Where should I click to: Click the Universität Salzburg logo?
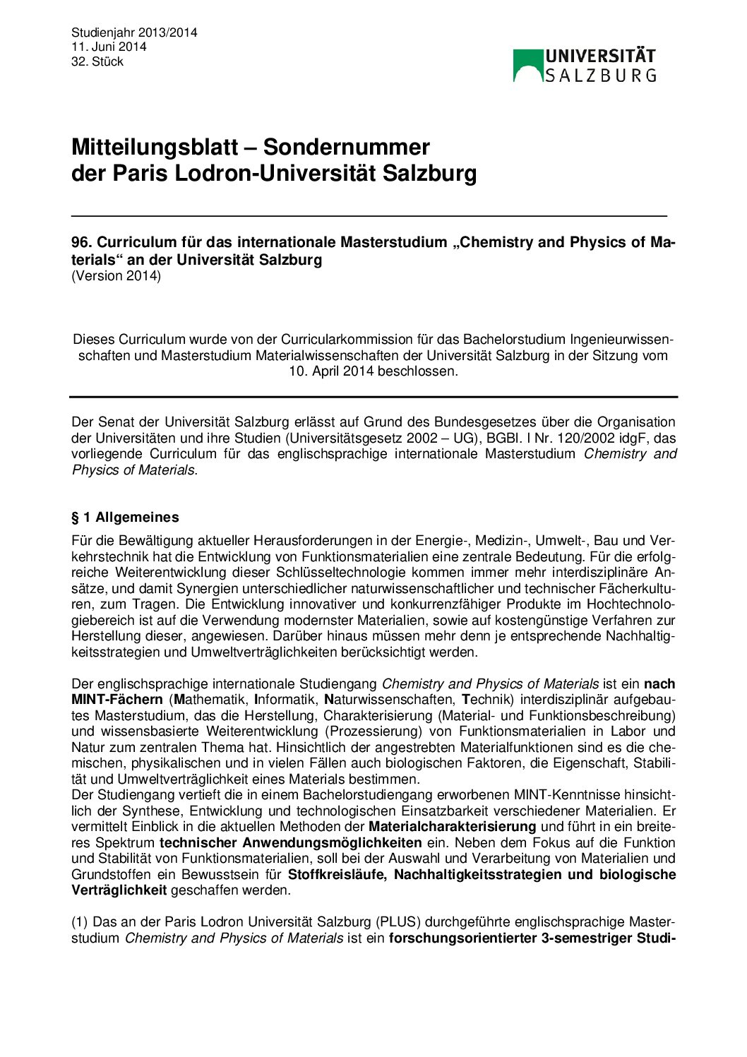pyautogui.click(x=585, y=65)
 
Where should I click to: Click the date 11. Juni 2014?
pyautogui.click(x=109, y=47)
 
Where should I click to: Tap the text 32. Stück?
pyautogui.click(x=97, y=61)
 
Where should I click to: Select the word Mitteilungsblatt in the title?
pyautogui.click(x=155, y=147)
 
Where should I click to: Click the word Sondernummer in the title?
pyautogui.click(x=347, y=147)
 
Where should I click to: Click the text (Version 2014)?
pyautogui.click(x=116, y=275)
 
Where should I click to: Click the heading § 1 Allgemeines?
pyautogui.click(x=125, y=517)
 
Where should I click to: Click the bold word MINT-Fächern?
pyautogui.click(x=117, y=699)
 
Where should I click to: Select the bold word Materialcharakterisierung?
pyautogui.click(x=453, y=826)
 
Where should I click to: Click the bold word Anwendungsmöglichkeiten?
pyautogui.click(x=332, y=842)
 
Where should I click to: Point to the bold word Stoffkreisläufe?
pyautogui.click(x=337, y=874)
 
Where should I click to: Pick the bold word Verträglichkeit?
pyautogui.click(x=119, y=890)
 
